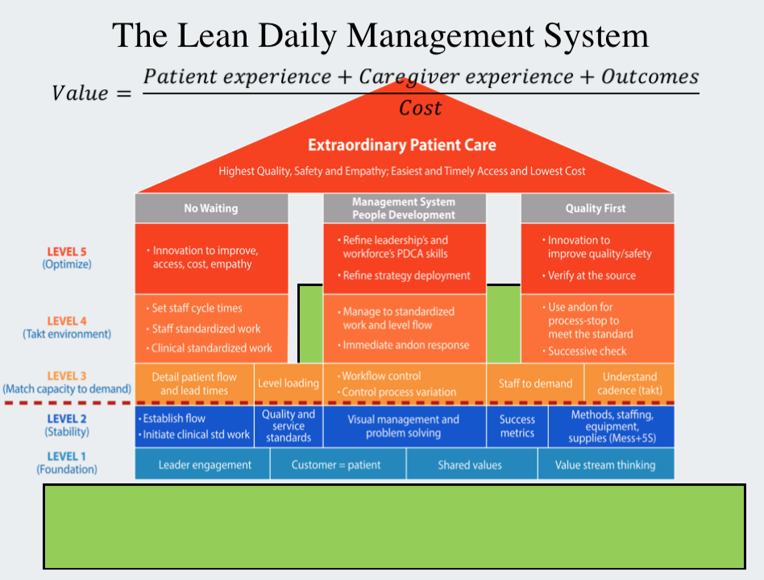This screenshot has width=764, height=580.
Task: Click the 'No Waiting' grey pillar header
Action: [x=211, y=208]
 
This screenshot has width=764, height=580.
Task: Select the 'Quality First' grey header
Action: [x=596, y=208]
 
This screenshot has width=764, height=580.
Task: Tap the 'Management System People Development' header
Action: [x=404, y=208]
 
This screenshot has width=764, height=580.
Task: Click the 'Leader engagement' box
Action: [x=205, y=465]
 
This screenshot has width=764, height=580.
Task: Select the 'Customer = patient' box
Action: [x=336, y=465]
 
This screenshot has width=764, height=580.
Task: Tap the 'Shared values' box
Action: [x=470, y=465]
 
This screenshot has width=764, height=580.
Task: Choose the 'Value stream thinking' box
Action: [x=605, y=465]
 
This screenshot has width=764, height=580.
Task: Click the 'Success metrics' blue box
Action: [x=517, y=426]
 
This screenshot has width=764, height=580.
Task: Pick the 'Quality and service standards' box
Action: [x=289, y=426]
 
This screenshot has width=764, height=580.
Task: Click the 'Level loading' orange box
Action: [x=289, y=383]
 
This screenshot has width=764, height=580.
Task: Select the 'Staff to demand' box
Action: [x=535, y=383]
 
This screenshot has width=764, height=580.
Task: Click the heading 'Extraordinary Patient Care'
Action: [x=402, y=146]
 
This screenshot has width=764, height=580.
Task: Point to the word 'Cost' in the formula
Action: [x=421, y=108]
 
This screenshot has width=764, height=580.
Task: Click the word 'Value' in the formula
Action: [x=79, y=93]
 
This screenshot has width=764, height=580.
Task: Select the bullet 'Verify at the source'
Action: [x=592, y=275]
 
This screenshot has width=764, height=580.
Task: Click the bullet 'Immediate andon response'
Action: [x=405, y=345]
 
